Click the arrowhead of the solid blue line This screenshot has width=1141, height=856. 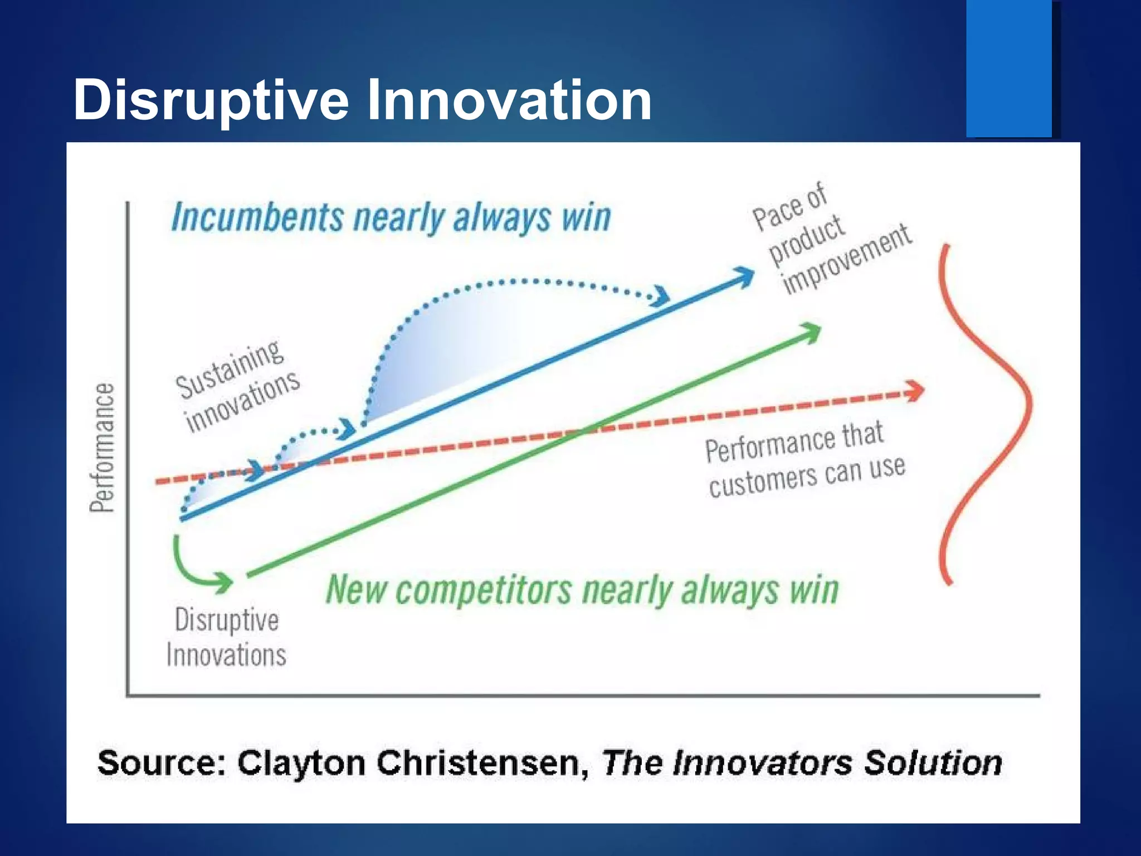click(745, 275)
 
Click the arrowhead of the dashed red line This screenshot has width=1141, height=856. click(915, 391)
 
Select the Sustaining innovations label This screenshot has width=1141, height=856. click(237, 386)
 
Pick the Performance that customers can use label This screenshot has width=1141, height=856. click(802, 460)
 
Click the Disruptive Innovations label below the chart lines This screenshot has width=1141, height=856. click(226, 637)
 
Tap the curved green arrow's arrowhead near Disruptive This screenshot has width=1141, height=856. click(225, 582)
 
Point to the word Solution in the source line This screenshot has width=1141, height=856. click(933, 763)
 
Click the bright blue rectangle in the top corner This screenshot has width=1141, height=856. click(1008, 68)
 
